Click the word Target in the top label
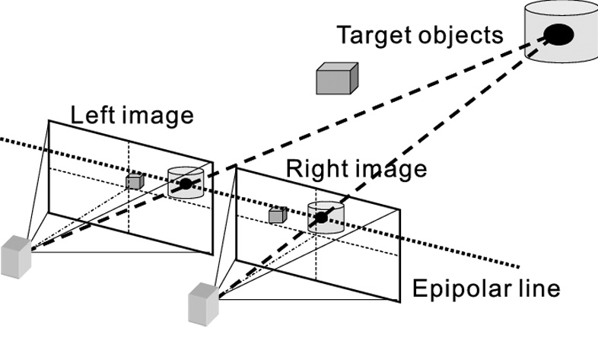coord(374,36)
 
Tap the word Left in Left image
coord(94,115)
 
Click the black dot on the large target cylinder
coord(558,34)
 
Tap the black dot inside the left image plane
coord(185,184)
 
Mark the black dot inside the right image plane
coord(322,218)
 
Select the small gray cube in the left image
coord(135,181)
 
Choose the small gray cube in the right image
coord(277,216)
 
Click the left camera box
coord(16,256)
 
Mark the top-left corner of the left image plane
coord(49,120)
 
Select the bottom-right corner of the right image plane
coord(398,299)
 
